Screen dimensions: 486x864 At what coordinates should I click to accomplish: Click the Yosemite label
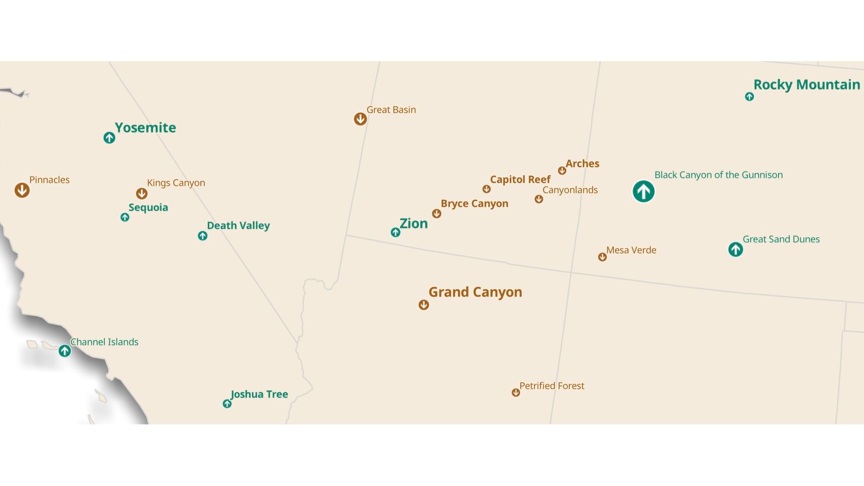[145, 128]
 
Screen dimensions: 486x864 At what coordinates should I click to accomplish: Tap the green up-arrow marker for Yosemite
[109, 138]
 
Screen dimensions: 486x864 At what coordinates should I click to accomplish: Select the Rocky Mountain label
[806, 85]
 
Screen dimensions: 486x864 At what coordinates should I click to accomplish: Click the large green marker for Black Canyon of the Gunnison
[643, 192]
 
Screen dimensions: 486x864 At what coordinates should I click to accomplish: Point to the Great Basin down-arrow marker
[360, 119]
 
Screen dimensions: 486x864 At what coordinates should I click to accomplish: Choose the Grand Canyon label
[475, 292]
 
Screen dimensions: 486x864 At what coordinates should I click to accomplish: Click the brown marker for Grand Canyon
[423, 305]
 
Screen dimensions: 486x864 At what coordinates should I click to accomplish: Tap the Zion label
[414, 223]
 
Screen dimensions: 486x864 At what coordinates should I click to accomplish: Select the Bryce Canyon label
[474, 203]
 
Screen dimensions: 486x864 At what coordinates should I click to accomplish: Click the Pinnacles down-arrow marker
[22, 190]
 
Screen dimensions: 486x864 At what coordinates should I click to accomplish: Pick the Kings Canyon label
[176, 183]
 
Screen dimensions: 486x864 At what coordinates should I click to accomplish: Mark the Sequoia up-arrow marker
[125, 217]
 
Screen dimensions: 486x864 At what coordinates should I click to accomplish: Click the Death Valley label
[238, 225]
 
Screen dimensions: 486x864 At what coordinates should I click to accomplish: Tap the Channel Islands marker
[65, 351]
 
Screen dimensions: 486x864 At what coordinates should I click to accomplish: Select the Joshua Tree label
[259, 394]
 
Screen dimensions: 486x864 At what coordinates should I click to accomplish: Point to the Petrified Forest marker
[516, 392]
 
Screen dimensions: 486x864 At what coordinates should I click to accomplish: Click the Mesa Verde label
[631, 250]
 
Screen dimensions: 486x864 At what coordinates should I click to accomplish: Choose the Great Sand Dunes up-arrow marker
[736, 249]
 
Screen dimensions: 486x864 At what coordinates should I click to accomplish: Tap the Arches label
[582, 164]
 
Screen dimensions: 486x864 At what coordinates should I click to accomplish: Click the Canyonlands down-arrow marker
[539, 199]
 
